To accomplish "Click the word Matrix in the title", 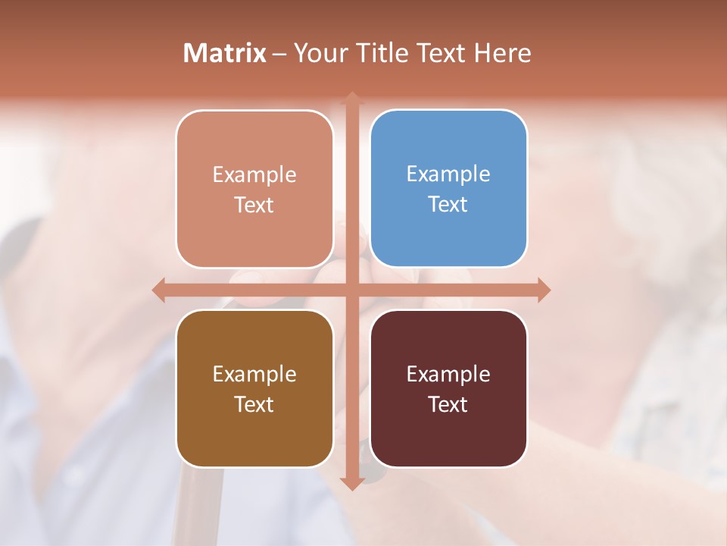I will click(x=225, y=53).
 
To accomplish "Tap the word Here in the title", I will click(x=502, y=53).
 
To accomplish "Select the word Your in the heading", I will click(x=319, y=53).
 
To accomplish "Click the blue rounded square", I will click(x=448, y=188).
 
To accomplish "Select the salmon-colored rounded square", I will click(x=254, y=188).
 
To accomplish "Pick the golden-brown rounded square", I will click(x=254, y=388).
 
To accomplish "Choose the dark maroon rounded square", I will click(x=448, y=388).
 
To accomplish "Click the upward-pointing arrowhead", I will click(x=351, y=98).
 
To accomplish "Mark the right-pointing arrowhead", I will click(x=544, y=290).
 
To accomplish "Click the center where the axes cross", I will click(x=351, y=290).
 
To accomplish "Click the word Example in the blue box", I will click(x=448, y=174).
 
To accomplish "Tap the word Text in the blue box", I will click(x=448, y=204).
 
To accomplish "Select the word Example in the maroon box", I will click(x=448, y=374).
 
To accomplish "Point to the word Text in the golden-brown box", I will click(x=254, y=404).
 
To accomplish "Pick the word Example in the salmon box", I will click(x=254, y=174).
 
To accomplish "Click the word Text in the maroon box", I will click(x=448, y=404).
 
